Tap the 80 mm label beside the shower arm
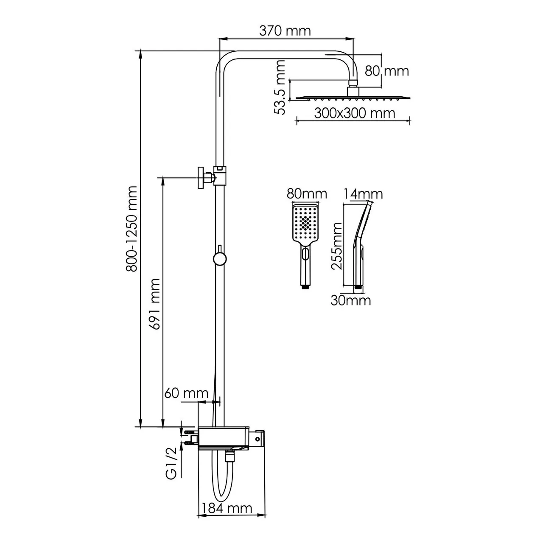coord(387,71)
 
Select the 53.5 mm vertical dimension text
coord(280,87)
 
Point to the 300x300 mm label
coord(355,113)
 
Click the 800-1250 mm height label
coord(132,228)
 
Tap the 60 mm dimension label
coord(187,393)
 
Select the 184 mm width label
coord(227,508)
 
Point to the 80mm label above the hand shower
coord(307,194)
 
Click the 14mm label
coord(363,194)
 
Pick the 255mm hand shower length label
coord(337,246)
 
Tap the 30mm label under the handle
coord(351,300)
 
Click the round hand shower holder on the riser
coord(220,258)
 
